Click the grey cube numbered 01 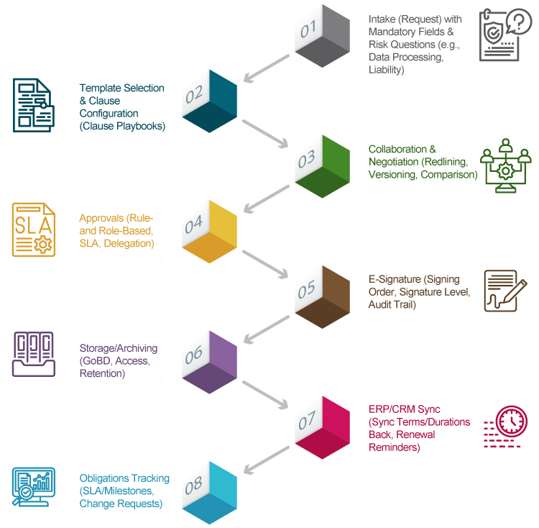click(323, 36)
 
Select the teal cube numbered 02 click(209, 101)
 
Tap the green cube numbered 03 click(323, 166)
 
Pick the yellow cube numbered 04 click(209, 232)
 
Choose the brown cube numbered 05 click(323, 297)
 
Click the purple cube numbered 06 click(209, 363)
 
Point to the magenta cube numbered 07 click(323, 427)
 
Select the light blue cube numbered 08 click(209, 493)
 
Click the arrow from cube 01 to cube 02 click(267, 68)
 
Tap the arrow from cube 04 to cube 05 click(265, 265)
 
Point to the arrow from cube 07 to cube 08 click(267, 460)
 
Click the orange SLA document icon click(34, 229)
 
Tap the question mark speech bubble click(519, 21)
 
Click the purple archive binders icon click(34, 354)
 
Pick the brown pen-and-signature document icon click(505, 291)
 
